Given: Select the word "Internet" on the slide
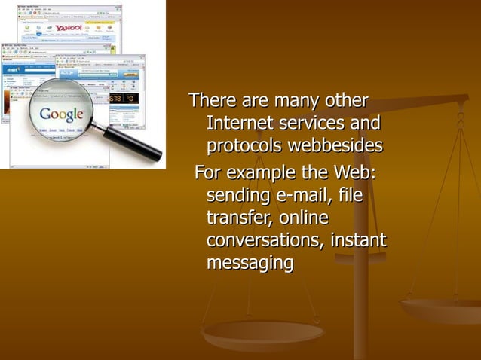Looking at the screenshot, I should tap(238, 122).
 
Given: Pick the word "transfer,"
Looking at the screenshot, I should tap(239, 218).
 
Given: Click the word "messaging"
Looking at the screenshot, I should tap(250, 264).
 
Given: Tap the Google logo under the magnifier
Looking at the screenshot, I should tap(62, 115).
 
